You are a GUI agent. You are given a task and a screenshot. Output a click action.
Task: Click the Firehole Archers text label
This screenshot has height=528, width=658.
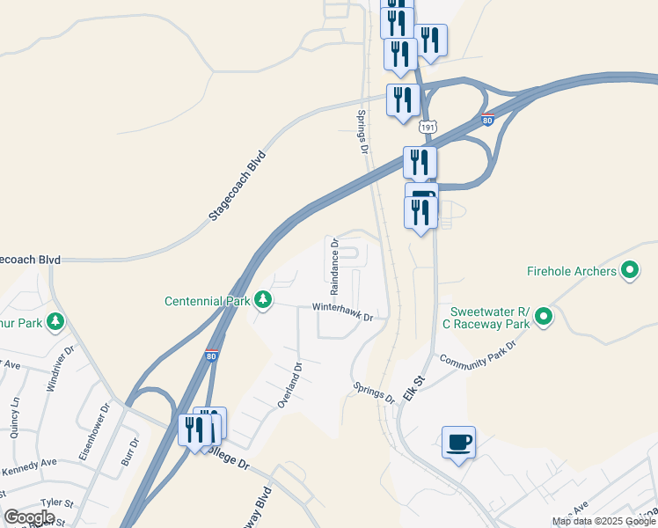coord(571,271)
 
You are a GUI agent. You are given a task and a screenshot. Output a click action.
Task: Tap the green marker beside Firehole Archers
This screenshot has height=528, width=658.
coord(630,270)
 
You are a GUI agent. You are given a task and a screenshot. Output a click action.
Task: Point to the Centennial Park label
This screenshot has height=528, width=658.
coord(207,301)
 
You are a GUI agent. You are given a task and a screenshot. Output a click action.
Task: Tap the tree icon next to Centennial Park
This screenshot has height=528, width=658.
coord(262,301)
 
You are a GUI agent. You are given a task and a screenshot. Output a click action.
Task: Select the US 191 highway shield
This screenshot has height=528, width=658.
coord(428,127)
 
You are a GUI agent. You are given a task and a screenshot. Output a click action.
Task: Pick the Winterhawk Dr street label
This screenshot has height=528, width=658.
coord(344,312)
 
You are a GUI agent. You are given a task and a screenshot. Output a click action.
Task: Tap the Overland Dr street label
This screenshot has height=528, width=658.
coord(289,385)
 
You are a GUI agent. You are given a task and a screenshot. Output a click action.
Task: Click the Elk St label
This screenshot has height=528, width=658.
coord(413,387)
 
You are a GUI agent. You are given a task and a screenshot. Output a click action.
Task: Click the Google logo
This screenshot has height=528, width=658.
coord(29,517)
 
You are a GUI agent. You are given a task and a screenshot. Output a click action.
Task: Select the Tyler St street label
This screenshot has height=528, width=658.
coord(56,502)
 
